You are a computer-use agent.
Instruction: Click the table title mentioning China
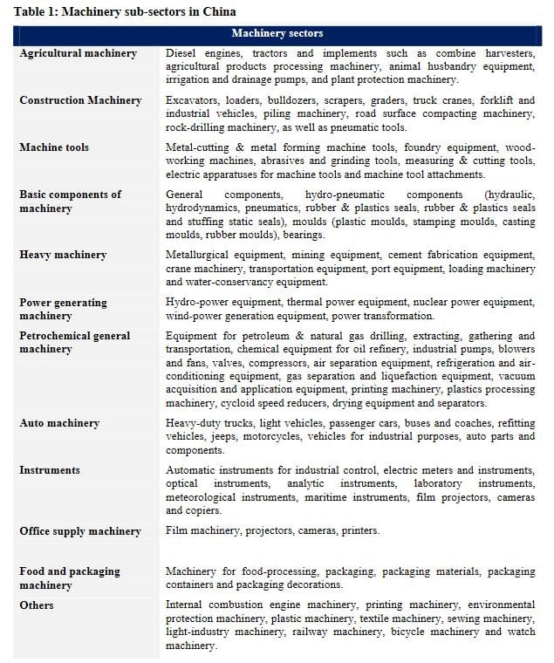pos(125,11)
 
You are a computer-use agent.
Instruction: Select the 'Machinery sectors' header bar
pos(277,33)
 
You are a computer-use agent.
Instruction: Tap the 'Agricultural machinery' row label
pos(79,53)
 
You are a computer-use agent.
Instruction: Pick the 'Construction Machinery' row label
pos(80,100)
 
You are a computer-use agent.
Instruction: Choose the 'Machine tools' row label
pos(54,147)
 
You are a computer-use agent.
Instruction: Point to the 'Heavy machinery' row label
pos(63,255)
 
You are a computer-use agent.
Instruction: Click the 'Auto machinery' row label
pos(59,423)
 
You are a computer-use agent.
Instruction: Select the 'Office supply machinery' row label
pos(80,531)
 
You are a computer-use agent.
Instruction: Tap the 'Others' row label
pos(37,605)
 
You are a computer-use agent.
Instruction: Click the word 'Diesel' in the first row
pos(183,53)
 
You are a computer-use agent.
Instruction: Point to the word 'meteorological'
pos(206,497)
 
